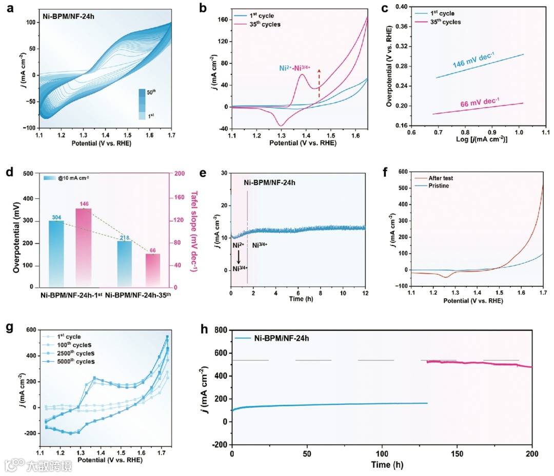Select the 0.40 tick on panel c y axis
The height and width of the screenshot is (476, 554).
point(401,7)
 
